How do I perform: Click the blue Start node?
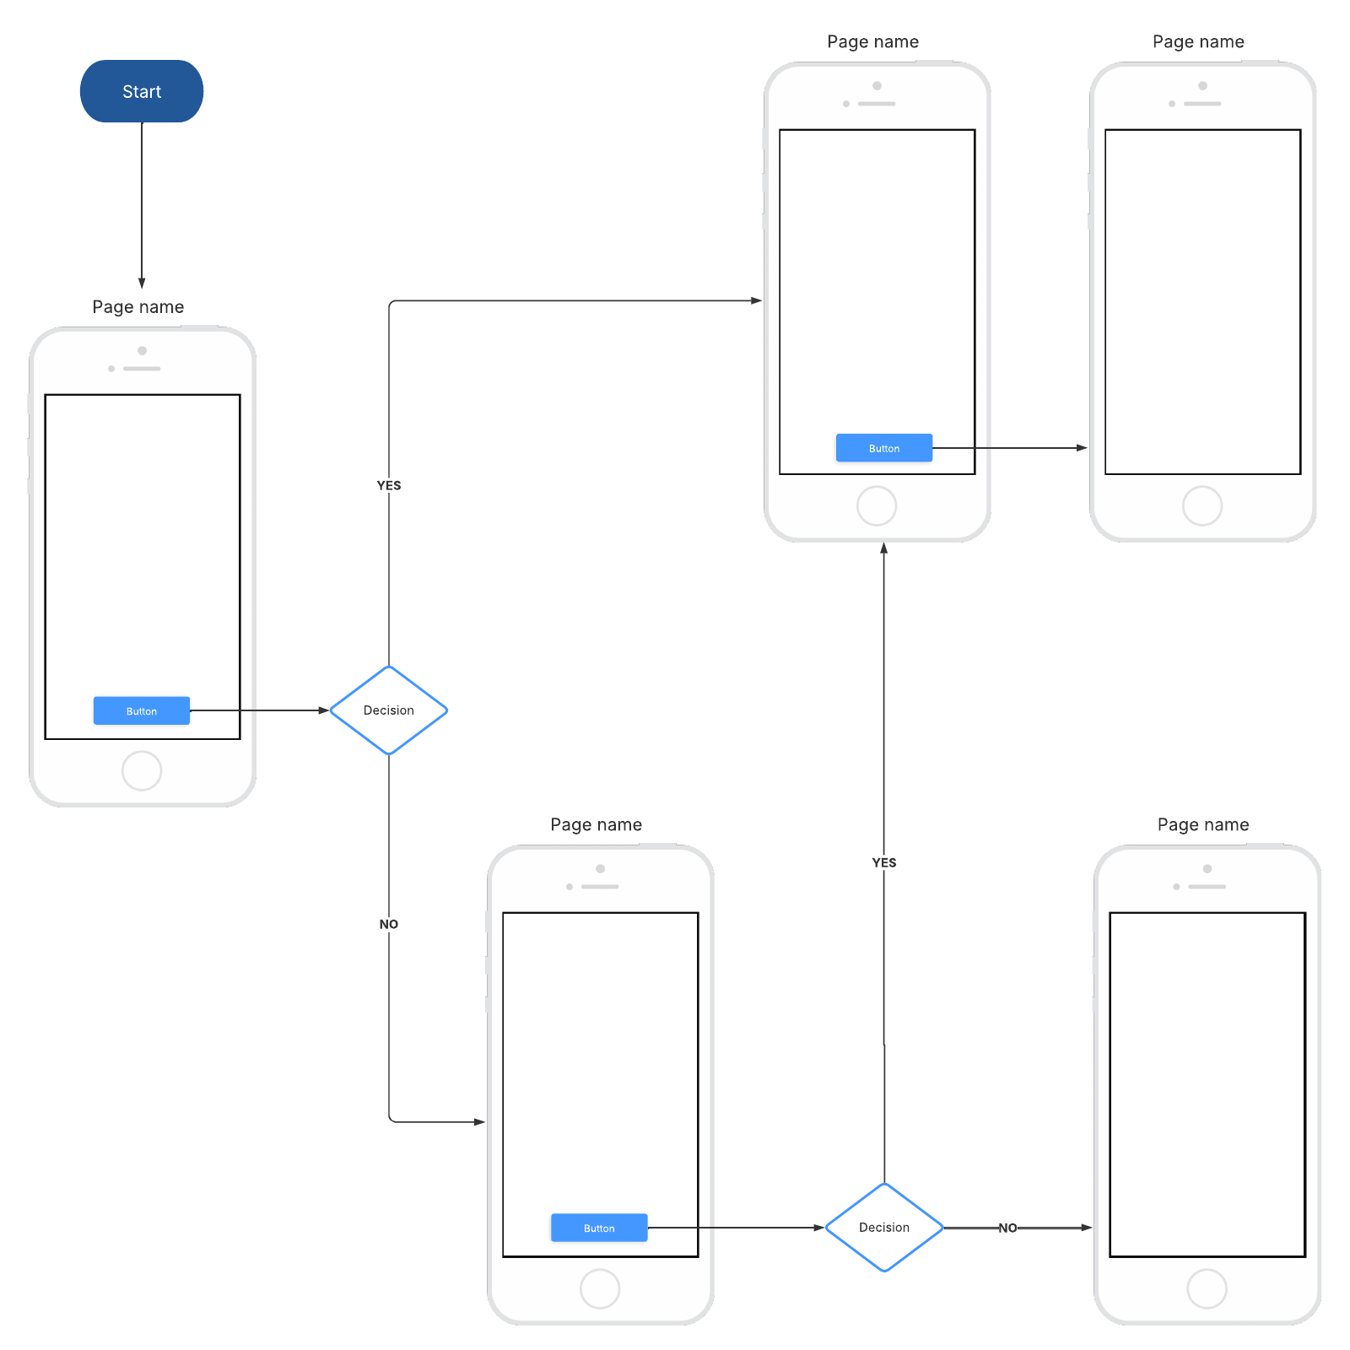[142, 91]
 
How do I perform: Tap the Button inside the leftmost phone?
[142, 710]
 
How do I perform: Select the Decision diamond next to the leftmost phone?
[388, 710]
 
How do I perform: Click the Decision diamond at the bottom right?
[883, 1228]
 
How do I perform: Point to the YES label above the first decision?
[389, 485]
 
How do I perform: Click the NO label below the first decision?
[389, 924]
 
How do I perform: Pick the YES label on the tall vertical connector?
[884, 862]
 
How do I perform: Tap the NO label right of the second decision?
[1007, 1228]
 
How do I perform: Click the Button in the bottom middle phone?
[599, 1228]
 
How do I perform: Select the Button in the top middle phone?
[884, 448]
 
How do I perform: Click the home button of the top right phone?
[1202, 506]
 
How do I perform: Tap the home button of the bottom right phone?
[1207, 1289]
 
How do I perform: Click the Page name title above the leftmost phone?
[138, 307]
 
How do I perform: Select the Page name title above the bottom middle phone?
[597, 824]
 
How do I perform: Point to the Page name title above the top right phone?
[1198, 41]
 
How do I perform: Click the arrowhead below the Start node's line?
[142, 283]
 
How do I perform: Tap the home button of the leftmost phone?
[142, 770]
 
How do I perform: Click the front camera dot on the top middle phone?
[877, 86]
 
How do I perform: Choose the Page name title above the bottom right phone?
[1203, 824]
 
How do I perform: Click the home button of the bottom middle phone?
[600, 1289]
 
